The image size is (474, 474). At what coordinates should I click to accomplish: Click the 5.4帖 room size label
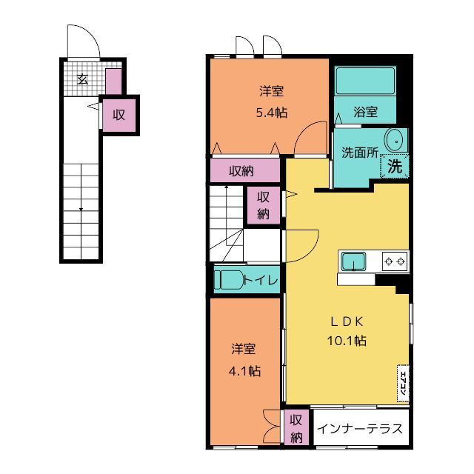pos(272,113)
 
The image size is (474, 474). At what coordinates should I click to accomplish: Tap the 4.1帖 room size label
pos(244,371)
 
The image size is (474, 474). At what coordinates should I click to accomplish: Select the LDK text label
pos(347,322)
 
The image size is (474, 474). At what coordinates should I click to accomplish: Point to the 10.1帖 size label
pos(347,341)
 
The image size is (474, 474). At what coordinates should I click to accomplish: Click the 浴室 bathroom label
pos(365,112)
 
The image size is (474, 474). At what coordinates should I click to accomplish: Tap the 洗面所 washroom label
pos(360,153)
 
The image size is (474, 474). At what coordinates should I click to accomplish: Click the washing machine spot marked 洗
pos(395,166)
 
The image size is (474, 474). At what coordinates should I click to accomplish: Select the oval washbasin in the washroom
pos(395,141)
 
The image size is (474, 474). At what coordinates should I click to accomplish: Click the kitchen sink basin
pos(353,261)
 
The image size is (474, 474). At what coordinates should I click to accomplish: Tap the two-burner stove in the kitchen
pos(395,261)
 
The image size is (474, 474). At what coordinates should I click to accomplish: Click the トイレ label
pos(261,280)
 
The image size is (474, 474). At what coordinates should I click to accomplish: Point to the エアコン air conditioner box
pos(403,384)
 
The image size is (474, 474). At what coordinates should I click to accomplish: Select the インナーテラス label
pos(360,429)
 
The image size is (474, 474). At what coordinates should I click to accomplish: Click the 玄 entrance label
pos(82,79)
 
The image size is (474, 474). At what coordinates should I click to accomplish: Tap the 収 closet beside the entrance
pos(118,115)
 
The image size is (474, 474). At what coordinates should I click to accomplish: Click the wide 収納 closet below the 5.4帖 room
pos(245,171)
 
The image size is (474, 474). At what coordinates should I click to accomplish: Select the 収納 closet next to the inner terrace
pos(296,427)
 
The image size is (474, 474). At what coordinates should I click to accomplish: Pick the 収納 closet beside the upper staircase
pos(264,206)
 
